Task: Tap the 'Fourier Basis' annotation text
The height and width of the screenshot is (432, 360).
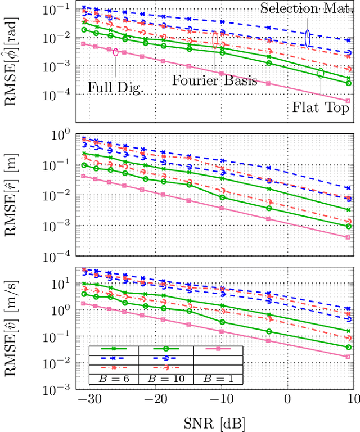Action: click(x=214, y=80)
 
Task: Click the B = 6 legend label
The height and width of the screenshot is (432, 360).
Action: click(x=113, y=379)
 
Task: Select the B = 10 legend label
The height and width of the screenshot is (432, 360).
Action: click(x=165, y=379)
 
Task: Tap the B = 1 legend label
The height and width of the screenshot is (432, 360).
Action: click(x=217, y=379)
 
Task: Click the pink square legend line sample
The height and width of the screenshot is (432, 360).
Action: click(x=218, y=350)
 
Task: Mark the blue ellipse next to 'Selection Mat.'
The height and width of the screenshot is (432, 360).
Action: click(x=308, y=37)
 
